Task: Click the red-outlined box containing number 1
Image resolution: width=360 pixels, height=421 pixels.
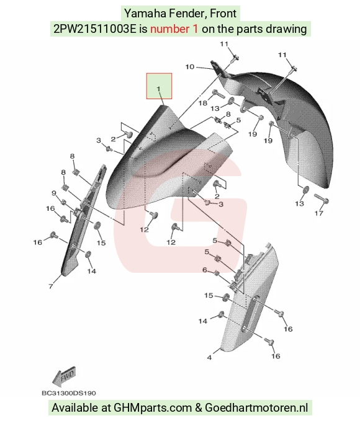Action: point(159,86)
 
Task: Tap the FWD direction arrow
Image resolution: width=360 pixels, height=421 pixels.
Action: point(64,375)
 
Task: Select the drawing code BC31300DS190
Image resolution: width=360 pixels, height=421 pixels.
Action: point(69,393)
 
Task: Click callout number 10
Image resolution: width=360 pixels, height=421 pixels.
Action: point(190,66)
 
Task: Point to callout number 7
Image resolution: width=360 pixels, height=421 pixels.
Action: point(51,286)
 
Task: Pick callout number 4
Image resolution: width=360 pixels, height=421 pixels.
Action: point(209,357)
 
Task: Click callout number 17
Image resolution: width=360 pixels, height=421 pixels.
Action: point(319,213)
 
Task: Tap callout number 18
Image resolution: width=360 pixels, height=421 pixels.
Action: point(203,103)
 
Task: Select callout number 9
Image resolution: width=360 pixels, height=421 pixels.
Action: point(54,193)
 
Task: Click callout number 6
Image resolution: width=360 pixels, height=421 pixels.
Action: point(205,270)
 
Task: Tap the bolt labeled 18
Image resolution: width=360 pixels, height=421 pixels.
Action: point(218,94)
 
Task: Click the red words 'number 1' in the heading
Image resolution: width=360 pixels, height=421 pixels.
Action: point(174,29)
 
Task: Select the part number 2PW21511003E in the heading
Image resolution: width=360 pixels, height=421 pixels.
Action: point(95,29)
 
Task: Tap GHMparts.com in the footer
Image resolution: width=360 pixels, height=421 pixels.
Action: point(153,408)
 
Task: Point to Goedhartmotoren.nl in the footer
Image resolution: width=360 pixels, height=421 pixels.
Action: point(256,408)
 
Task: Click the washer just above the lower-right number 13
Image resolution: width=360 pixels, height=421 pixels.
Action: point(306,190)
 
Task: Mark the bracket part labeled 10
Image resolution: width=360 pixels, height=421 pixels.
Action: point(219,69)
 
